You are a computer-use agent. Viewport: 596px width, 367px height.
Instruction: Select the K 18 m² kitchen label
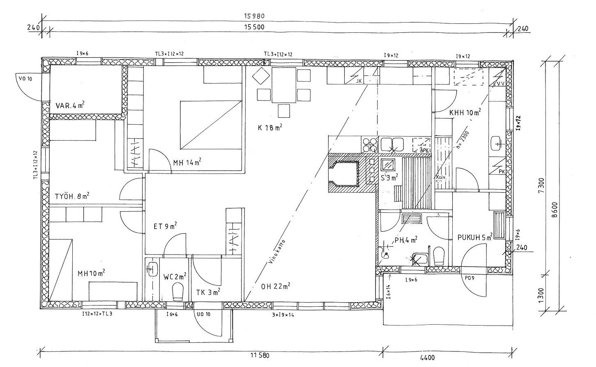point(270,128)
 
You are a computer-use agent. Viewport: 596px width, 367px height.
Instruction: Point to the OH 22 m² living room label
point(276,286)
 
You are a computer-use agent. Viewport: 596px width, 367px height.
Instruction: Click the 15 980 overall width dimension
point(253,16)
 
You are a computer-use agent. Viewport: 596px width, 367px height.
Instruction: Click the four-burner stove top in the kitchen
point(370,144)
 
